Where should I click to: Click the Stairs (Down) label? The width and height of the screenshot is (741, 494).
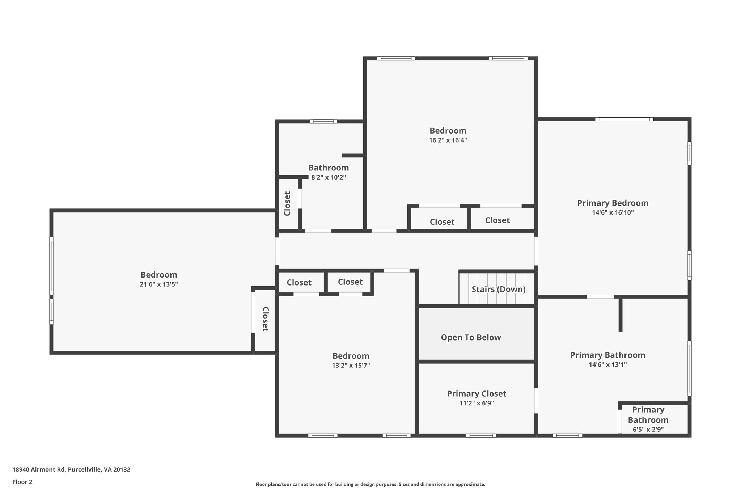point(498,289)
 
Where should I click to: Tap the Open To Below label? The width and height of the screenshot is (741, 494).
point(471,337)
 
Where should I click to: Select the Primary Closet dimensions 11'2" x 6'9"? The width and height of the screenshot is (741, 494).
point(477,403)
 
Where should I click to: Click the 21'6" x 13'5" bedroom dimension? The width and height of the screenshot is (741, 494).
point(158,284)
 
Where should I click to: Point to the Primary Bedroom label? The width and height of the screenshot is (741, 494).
point(613,203)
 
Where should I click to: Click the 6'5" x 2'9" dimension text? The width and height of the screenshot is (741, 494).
point(648,430)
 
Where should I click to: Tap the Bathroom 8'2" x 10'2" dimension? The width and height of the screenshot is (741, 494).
point(329,177)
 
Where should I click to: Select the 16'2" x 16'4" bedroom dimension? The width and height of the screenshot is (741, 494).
point(448,140)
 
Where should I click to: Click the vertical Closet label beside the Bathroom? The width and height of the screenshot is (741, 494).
point(287,203)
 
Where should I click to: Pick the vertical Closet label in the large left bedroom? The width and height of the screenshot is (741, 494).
point(265,319)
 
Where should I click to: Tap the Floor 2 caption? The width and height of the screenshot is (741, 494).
point(22,482)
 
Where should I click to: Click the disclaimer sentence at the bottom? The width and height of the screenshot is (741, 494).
point(370,484)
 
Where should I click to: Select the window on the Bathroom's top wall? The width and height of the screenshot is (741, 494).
point(323,122)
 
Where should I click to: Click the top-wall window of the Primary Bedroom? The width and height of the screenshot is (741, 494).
point(624,119)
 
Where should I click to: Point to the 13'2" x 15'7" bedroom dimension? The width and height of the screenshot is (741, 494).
point(351,366)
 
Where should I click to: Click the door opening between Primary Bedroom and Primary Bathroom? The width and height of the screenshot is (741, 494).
point(600,296)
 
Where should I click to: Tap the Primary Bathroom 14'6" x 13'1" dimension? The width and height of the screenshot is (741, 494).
point(607,364)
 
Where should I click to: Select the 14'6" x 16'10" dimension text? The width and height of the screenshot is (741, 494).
point(613,212)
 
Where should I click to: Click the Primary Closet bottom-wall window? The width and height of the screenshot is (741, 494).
point(481,435)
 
